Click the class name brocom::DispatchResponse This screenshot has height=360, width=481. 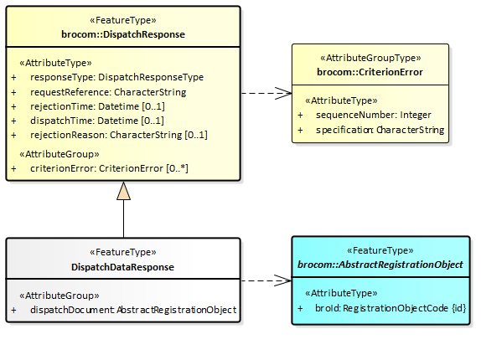point(123,34)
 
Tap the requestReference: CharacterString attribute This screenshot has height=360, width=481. point(108,92)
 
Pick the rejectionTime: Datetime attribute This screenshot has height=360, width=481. point(97,106)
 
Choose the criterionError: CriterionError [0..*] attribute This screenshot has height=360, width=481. point(109,168)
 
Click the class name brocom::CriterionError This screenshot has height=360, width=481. point(370,72)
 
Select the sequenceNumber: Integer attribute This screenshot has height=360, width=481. point(374,115)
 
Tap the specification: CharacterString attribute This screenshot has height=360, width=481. point(380,130)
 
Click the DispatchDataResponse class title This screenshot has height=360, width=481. point(122,267)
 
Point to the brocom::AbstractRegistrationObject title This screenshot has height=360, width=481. point(380,265)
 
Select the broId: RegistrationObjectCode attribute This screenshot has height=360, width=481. point(390,308)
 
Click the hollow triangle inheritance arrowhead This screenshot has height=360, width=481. point(124,191)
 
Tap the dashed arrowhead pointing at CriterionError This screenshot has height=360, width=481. point(283,93)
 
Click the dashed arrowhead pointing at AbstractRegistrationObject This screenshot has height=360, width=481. point(282,280)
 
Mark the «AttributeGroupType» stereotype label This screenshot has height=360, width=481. point(370,58)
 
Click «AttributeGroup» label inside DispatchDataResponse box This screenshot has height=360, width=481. point(59,296)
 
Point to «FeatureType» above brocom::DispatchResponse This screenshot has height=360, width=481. point(123,20)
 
